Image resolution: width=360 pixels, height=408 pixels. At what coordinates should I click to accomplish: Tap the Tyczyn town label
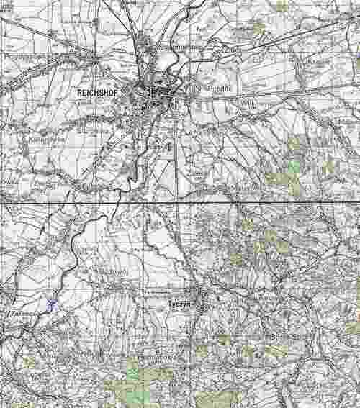[176, 304]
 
